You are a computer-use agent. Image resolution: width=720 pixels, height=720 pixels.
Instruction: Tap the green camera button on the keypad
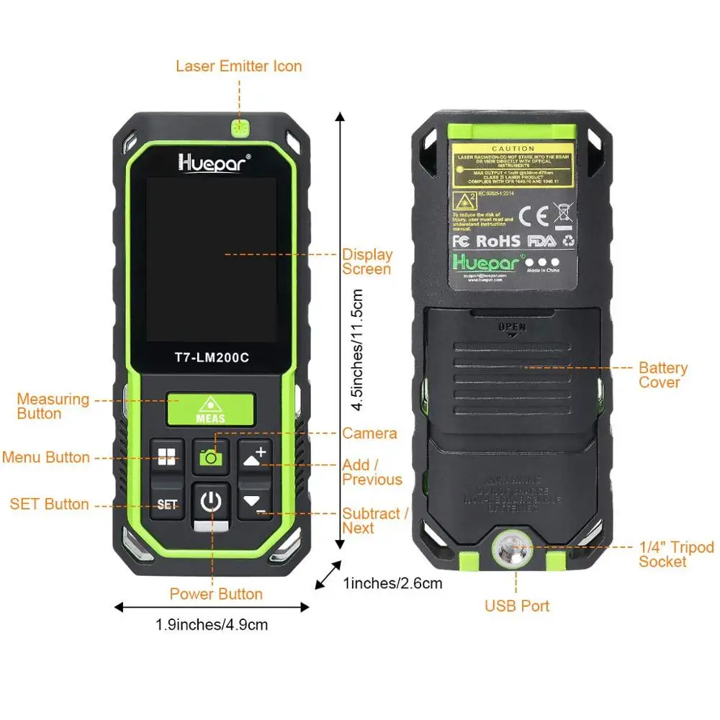coord(210,456)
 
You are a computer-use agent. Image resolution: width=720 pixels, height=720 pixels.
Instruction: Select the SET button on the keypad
coord(167,504)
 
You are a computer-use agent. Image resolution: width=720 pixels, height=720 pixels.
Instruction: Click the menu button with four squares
coord(167,456)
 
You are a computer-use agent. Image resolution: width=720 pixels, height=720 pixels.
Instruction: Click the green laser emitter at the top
coord(239,128)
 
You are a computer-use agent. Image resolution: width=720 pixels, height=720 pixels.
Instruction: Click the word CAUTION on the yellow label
coord(513,148)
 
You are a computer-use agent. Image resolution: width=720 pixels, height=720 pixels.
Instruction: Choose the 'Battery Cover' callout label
coord(662,375)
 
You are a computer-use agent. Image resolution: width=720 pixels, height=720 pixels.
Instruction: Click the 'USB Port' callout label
coord(516,606)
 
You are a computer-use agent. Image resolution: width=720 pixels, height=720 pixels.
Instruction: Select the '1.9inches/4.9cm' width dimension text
coord(212,624)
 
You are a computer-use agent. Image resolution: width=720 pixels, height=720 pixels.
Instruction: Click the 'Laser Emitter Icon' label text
coord(239,66)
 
